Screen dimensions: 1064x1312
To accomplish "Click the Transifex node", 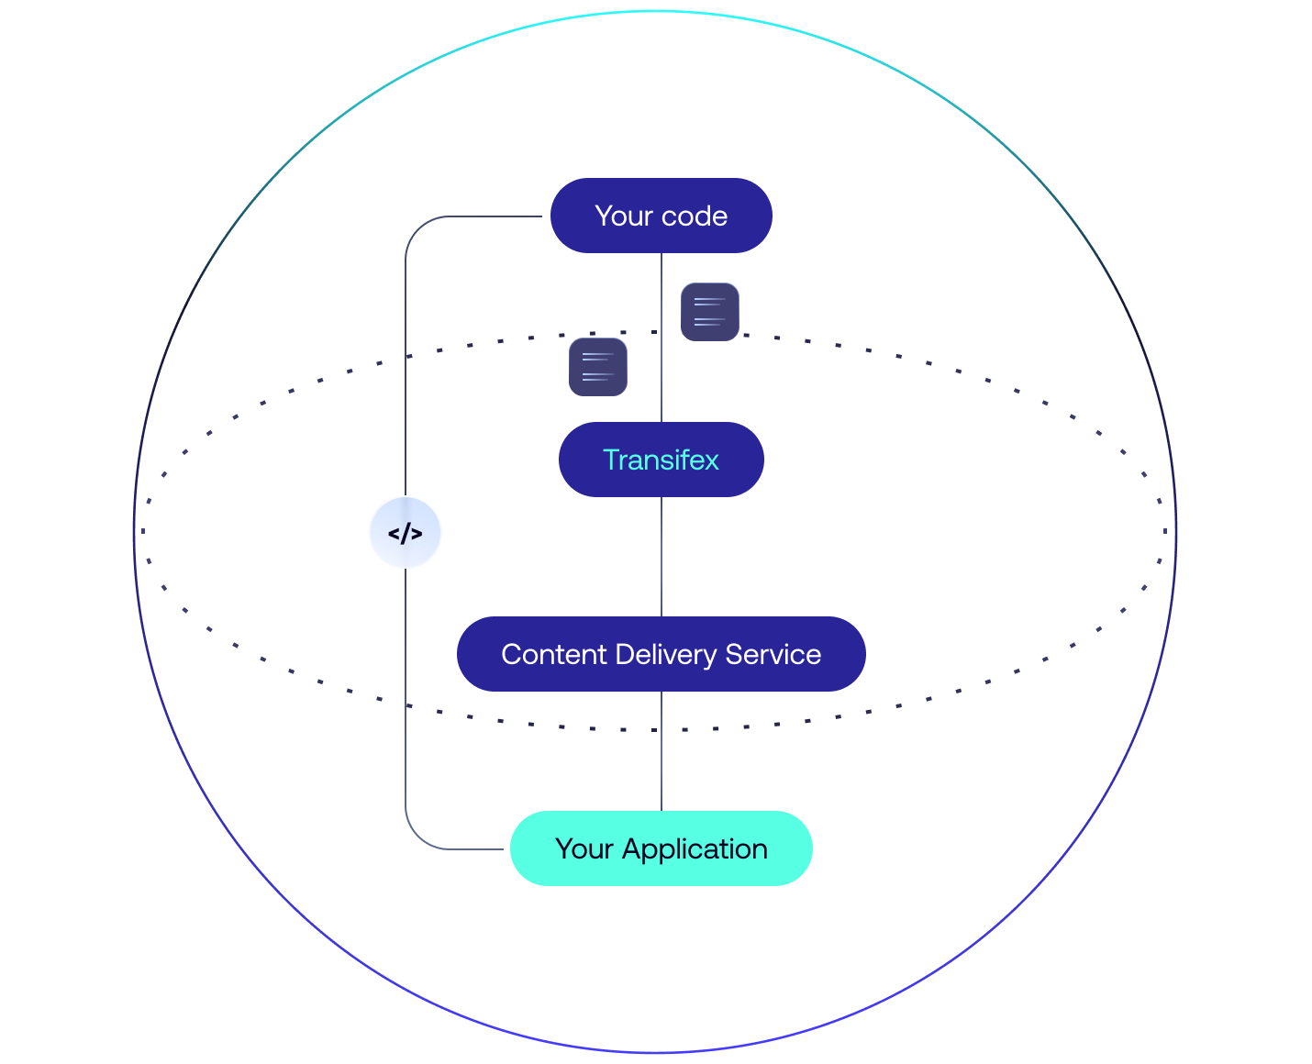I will tap(661, 460).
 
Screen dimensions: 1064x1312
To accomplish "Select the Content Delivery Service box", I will tap(661, 654).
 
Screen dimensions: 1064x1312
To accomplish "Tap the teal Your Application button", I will tap(661, 848).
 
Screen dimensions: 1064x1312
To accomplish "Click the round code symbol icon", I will tap(406, 532).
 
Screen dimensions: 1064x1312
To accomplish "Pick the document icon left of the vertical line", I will tap(598, 367).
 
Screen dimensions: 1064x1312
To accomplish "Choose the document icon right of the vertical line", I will tap(710, 312).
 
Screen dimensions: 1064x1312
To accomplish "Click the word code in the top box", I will tap(694, 216).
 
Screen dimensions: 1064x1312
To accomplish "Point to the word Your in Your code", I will tap(624, 216).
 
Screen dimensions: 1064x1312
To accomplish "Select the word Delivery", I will tap(666, 655).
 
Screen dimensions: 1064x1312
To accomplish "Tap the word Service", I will tap(773, 655).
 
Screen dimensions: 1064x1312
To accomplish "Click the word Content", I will tap(554, 655).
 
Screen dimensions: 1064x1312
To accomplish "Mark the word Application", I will tap(695, 850).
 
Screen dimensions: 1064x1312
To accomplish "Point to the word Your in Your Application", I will tap(584, 849).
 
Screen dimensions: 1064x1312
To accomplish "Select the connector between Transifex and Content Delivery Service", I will tap(662, 557).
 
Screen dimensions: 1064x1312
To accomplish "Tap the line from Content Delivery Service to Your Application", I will tap(662, 751).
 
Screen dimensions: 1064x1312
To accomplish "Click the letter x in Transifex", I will tap(712, 461).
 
